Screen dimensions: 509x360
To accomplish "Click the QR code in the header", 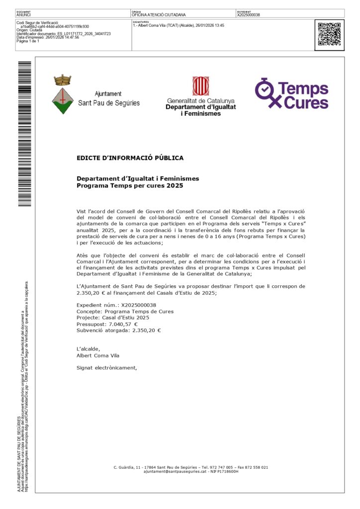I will (329, 34).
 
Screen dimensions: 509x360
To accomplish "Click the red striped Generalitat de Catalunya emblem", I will (201, 86).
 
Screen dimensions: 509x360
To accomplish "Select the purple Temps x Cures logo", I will (292, 93).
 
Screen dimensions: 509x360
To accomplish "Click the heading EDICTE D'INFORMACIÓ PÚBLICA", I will (130, 158).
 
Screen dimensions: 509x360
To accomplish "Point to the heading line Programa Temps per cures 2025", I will (130, 185).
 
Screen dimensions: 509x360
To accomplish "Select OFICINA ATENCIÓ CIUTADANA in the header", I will (159, 15).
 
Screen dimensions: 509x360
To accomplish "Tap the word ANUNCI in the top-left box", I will (23, 15).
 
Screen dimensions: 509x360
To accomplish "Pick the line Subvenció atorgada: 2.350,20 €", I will (119, 330).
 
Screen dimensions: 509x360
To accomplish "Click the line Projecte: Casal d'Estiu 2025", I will (112, 317).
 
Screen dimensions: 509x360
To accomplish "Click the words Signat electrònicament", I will (106, 368).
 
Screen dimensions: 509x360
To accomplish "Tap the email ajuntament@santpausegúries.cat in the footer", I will (175, 471).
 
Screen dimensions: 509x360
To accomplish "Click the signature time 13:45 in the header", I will (219, 25).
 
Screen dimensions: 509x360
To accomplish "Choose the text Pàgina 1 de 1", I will (28, 41).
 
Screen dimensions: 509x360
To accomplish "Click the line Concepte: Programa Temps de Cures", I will (125, 311).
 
